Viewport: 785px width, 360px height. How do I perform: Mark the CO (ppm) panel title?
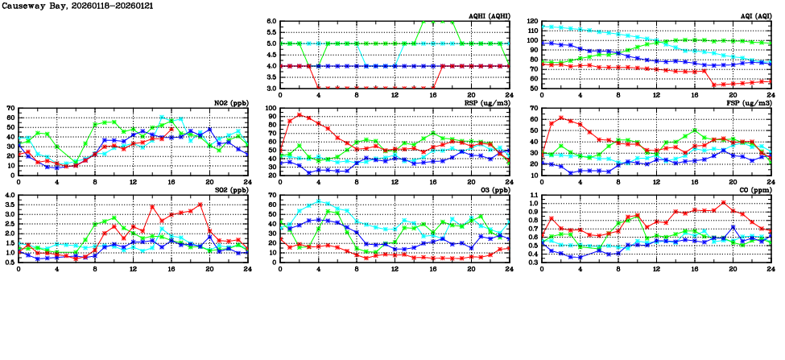(x=754, y=190)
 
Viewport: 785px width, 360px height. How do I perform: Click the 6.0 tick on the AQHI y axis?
(x=271, y=22)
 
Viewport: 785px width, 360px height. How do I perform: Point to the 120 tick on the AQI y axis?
(x=531, y=22)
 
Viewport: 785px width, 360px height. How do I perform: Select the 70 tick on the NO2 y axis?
(x=10, y=108)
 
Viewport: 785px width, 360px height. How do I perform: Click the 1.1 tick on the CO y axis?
(x=533, y=196)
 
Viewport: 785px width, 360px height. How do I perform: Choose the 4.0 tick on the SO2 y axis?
(x=10, y=196)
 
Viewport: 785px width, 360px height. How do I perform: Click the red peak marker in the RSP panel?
(x=300, y=114)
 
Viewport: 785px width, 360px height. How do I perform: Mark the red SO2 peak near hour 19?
(x=200, y=205)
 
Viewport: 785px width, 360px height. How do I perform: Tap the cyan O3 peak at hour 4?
(x=319, y=201)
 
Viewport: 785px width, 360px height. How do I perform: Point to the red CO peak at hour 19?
(x=723, y=203)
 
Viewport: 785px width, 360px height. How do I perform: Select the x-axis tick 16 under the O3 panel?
(x=433, y=267)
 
